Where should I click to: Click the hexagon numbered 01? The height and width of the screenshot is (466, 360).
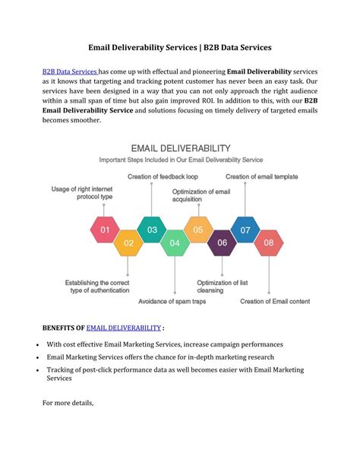pyautogui.click(x=105, y=230)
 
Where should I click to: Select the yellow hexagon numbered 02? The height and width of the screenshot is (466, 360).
pyautogui.click(x=128, y=243)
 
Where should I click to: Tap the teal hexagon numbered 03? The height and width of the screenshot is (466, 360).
pyautogui.click(x=152, y=230)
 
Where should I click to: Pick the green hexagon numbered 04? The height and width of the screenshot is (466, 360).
pyautogui.click(x=175, y=243)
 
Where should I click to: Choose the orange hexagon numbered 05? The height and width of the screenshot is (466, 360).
pyautogui.click(x=197, y=230)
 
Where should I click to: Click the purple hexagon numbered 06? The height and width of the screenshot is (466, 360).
pyautogui.click(x=222, y=243)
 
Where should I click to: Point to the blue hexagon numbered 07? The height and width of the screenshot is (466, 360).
pyautogui.click(x=245, y=230)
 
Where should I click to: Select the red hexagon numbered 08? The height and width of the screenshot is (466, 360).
pyautogui.click(x=267, y=243)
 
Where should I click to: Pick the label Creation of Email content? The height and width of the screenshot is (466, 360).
pyautogui.click(x=275, y=301)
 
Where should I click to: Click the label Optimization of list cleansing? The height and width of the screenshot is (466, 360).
pyautogui.click(x=222, y=285)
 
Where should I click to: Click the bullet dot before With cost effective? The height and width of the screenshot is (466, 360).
pyautogui.click(x=38, y=344)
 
